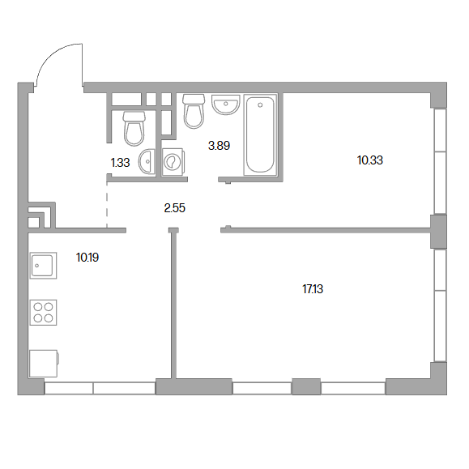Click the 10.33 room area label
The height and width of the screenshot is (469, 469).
click(x=370, y=160)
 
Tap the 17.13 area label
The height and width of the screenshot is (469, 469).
click(x=313, y=289)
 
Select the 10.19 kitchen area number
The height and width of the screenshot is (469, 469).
click(x=87, y=258)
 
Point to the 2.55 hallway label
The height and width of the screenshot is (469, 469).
click(x=175, y=208)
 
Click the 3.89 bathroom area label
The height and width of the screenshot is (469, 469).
click(x=219, y=146)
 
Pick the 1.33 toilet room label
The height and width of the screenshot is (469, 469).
click(x=120, y=163)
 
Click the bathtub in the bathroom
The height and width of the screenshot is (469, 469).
click(x=259, y=134)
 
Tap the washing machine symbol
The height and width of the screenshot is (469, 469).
click(x=173, y=162)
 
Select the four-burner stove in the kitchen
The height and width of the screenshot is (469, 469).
click(x=44, y=313)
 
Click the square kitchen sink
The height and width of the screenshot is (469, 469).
click(x=44, y=266)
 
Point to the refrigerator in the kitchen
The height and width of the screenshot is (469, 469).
click(x=44, y=364)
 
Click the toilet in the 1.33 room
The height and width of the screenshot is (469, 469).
click(x=134, y=129)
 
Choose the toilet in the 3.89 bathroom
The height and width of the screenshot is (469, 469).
click(x=194, y=111)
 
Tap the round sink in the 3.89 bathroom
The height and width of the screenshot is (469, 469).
click(x=226, y=104)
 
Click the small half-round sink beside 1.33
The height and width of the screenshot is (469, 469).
click(x=147, y=161)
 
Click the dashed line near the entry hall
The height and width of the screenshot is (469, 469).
click(x=107, y=205)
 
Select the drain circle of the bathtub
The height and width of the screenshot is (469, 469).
click(x=260, y=105)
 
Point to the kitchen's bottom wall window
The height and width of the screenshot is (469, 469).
click(x=100, y=388)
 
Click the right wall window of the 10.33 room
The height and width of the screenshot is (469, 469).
click(x=440, y=161)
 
